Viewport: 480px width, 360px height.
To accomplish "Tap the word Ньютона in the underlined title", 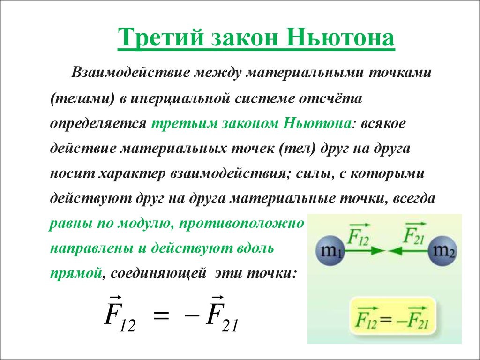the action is coord(340,37).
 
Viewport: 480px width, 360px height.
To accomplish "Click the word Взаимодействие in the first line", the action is coord(132,73).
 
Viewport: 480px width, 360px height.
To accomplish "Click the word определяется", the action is coord(98,124).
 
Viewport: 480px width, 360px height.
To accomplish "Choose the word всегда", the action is coord(413,199).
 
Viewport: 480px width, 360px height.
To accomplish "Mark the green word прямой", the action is coord(75,273).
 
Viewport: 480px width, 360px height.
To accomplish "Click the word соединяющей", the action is coord(158,273).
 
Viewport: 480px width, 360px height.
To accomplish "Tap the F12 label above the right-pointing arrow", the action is coord(359,235).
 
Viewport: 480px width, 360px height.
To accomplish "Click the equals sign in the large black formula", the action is coord(161,315).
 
